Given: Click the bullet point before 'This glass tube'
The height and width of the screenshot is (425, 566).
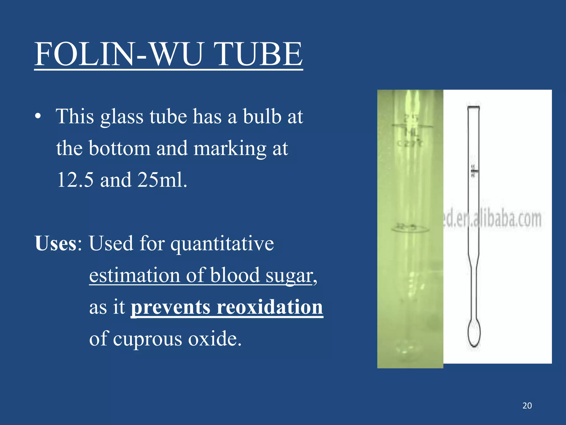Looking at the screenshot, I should pos(38,116).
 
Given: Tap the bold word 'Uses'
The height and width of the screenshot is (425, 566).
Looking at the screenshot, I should pos(56,243).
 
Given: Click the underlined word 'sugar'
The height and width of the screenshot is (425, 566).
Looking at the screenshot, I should pos(289,276).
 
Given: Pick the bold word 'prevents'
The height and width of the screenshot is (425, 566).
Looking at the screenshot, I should pos(170,307).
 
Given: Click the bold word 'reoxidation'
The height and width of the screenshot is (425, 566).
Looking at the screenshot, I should pos(270,307).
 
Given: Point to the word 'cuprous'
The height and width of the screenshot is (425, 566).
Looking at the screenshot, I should pos(148,339).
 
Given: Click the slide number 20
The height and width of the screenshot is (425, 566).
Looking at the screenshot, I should pos(527,406).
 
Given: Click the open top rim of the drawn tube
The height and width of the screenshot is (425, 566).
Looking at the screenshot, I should pos(473,107).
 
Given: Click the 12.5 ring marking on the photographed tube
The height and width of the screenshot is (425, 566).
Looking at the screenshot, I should pos(410,228).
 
